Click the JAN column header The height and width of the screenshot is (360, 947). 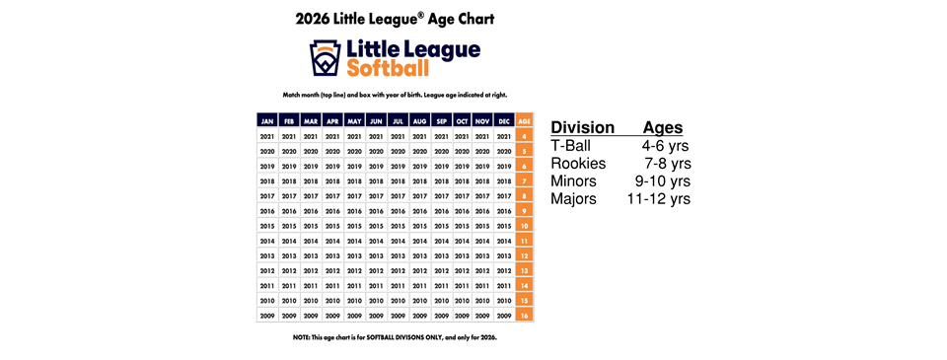pyautogui.click(x=266, y=120)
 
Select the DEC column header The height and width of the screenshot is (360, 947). pyautogui.click(x=504, y=120)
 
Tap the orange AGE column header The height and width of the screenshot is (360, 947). pyautogui.click(x=525, y=120)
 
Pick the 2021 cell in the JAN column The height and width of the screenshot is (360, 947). pyautogui.click(x=266, y=136)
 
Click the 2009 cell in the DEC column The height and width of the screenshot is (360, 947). pyautogui.click(x=504, y=317)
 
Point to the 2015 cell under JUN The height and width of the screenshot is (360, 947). pyautogui.click(x=376, y=226)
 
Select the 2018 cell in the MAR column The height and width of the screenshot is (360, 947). pyautogui.click(x=311, y=181)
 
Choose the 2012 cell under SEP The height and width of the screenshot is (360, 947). pyautogui.click(x=441, y=271)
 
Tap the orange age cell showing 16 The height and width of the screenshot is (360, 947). pyautogui.click(x=525, y=317)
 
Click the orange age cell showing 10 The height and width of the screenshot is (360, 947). pyautogui.click(x=525, y=226)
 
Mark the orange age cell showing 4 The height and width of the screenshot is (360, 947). pyautogui.click(x=525, y=136)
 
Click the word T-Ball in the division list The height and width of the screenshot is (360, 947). pyautogui.click(x=572, y=146)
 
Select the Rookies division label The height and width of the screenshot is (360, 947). pyautogui.click(x=578, y=164)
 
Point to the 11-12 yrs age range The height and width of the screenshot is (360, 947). pyautogui.click(x=659, y=199)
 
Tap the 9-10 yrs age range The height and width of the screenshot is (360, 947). pyautogui.click(x=662, y=181)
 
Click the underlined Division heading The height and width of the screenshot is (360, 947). pyautogui.click(x=582, y=128)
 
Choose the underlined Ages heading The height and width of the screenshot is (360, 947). pyautogui.click(x=663, y=128)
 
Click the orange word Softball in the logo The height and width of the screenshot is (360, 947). pyautogui.click(x=389, y=68)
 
